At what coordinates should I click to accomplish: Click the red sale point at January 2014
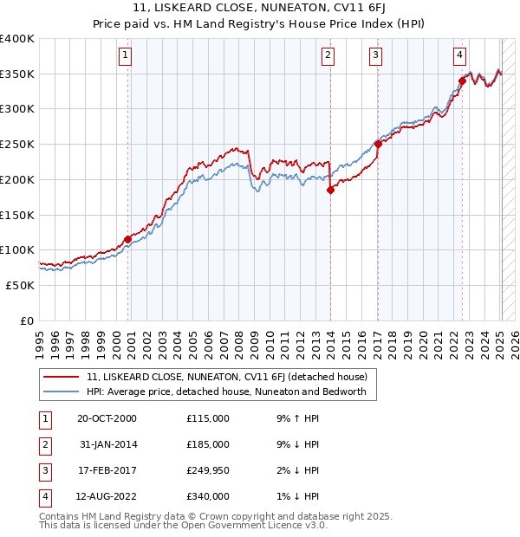(330, 191)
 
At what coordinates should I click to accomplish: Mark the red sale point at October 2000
(127, 239)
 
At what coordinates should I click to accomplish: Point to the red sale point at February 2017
(378, 145)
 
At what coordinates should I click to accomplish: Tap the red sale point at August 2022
(462, 81)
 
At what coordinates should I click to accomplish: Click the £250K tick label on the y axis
(17, 144)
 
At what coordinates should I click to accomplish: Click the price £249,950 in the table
(208, 470)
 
